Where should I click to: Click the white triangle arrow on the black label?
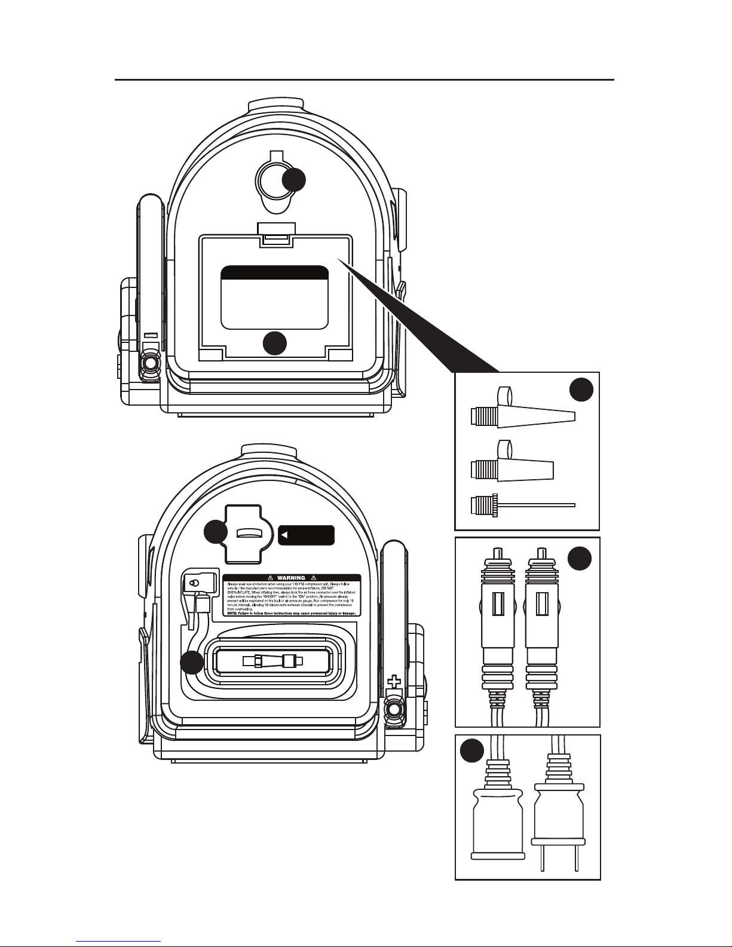[286, 534]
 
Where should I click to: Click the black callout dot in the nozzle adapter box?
[581, 390]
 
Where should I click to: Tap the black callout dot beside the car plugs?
[579, 559]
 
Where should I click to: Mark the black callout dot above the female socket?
[472, 750]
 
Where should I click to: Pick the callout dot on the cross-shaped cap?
[216, 533]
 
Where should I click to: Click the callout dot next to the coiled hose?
[192, 663]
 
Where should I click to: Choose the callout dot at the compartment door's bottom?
[275, 343]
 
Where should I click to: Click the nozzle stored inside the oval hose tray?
[272, 661]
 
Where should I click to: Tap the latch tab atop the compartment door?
[275, 234]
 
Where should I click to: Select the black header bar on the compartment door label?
[274, 273]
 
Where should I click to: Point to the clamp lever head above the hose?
[195, 583]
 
